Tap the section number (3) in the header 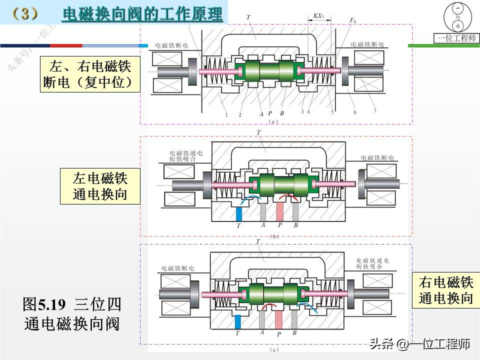[24, 13]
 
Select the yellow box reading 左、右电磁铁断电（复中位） [90, 73]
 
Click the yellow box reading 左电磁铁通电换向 [100, 186]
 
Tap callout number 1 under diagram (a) [226, 114]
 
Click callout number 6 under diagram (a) [354, 112]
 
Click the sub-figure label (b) [274, 235]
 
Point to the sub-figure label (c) [274, 349]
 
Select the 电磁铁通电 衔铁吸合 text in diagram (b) [187, 156]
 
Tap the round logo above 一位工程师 [456, 17]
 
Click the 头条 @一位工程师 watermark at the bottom [419, 344]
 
